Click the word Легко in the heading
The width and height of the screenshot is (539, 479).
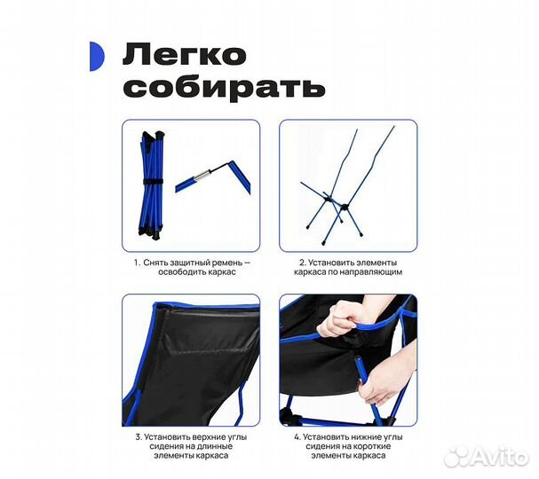(x=185, y=56)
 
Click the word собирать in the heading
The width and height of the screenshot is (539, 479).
(x=224, y=88)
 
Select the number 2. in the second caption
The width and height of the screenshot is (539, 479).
(x=302, y=263)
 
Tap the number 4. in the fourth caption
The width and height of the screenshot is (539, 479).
(x=297, y=436)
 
